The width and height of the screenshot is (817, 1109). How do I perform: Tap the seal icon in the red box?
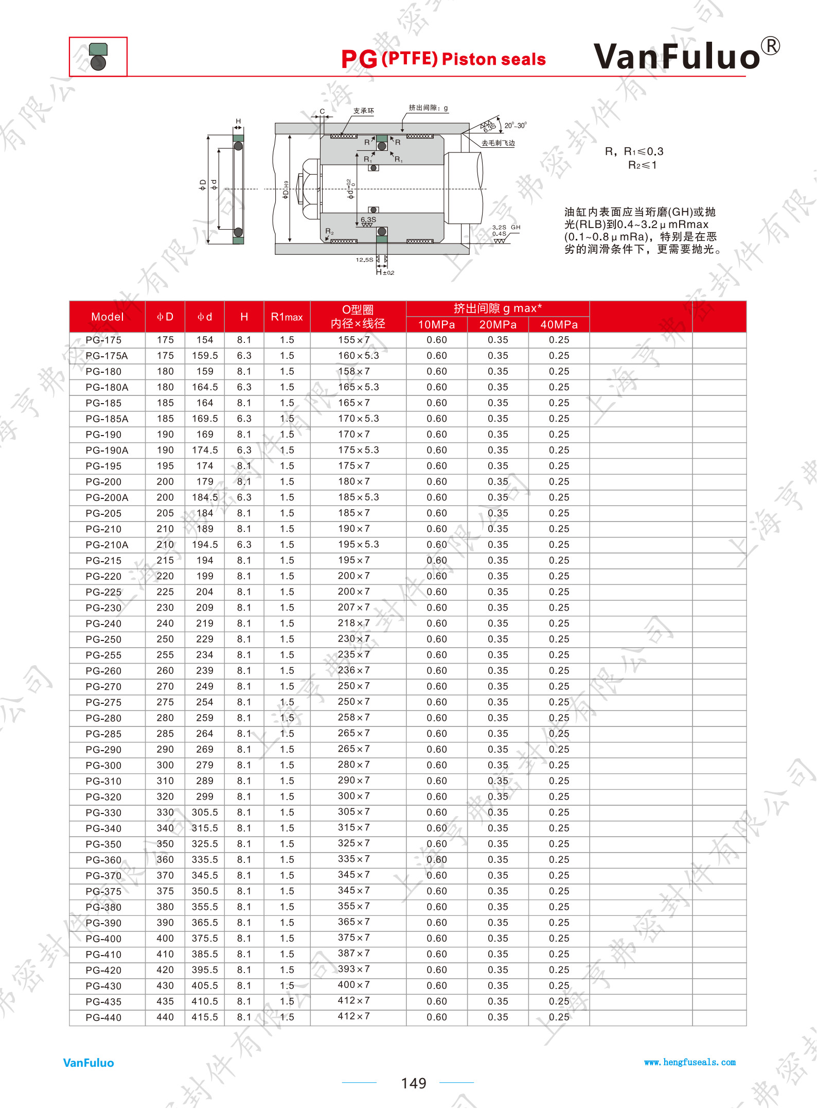tap(98, 57)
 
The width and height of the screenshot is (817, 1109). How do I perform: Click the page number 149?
tap(414, 1083)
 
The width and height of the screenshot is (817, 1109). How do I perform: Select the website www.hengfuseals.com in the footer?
tap(690, 1062)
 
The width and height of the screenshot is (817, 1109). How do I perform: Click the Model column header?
tap(108, 317)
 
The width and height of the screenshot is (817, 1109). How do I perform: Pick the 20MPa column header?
tap(498, 324)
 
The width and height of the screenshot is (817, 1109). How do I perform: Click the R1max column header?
tap(287, 317)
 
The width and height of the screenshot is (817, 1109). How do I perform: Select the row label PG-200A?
tap(107, 497)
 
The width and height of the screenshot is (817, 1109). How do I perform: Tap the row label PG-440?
tap(103, 1017)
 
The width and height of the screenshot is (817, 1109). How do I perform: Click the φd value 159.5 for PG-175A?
tap(205, 356)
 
